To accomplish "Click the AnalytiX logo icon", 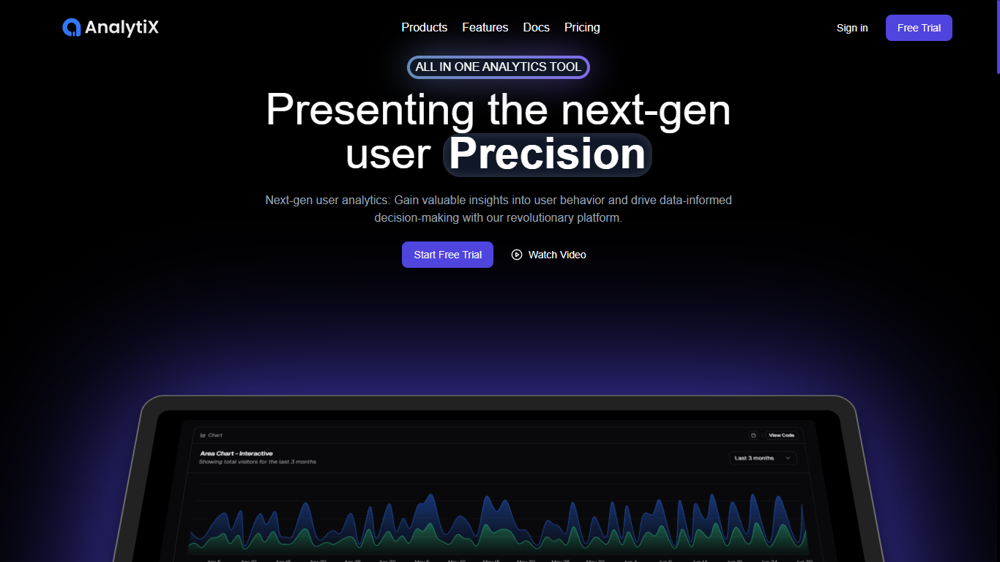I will (x=71, y=28).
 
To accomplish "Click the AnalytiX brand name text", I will (x=122, y=28).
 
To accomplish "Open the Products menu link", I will (x=424, y=28).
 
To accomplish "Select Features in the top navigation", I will (x=485, y=28).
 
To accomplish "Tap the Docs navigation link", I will (x=536, y=28).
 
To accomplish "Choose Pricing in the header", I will (x=582, y=28).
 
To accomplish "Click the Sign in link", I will (x=852, y=28).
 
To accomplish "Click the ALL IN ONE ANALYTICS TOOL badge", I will (x=498, y=67).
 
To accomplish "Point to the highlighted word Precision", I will (x=547, y=154).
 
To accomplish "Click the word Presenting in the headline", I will (x=370, y=110).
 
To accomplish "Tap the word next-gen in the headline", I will (x=646, y=110).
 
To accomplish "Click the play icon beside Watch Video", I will (x=517, y=255).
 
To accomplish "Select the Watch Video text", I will (x=557, y=255).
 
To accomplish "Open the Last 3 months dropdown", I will (x=762, y=458).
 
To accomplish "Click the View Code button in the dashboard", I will (x=781, y=435).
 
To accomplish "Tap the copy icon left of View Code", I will (x=753, y=435).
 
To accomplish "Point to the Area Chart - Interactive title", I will (x=236, y=454).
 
